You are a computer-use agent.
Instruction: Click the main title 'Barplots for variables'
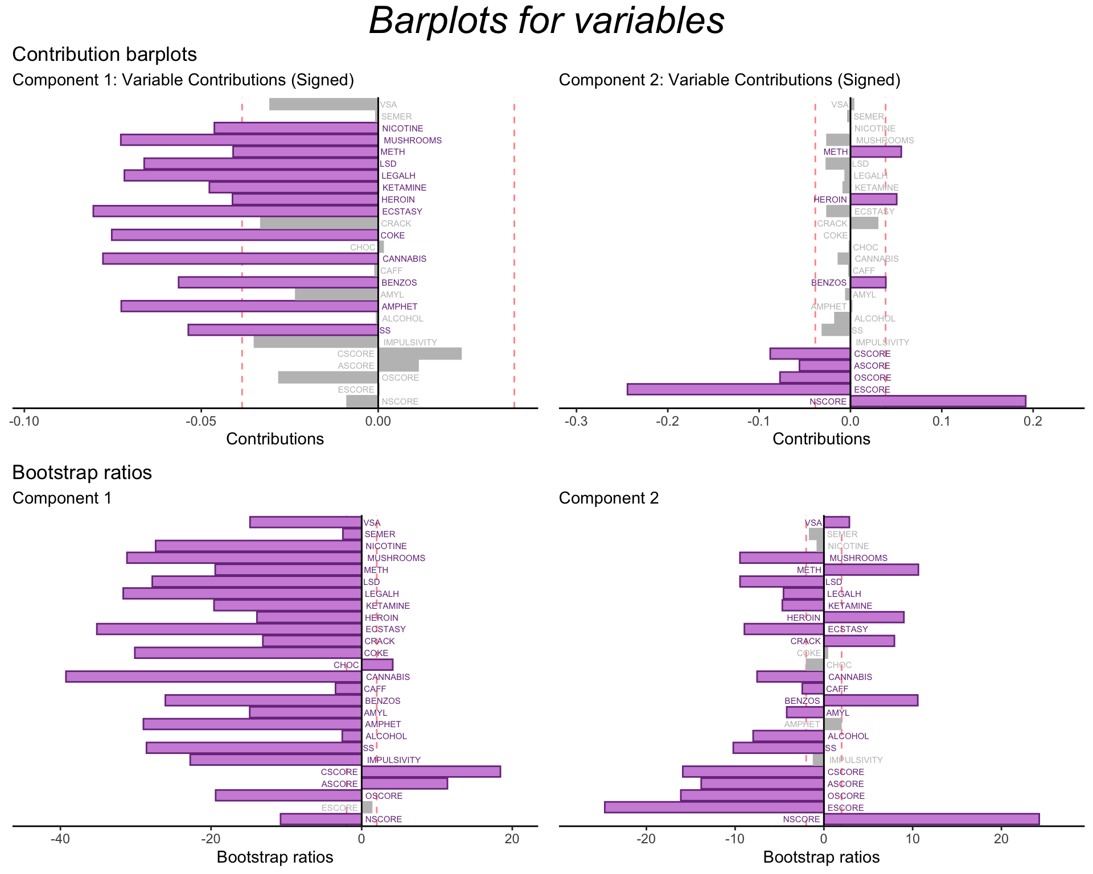[x=546, y=22]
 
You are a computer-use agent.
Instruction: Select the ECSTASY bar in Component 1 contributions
[x=235, y=211]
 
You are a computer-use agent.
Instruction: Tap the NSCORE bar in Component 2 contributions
[x=938, y=401]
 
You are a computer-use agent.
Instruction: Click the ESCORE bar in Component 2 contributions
[x=738, y=389]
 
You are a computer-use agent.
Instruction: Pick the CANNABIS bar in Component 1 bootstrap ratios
[x=213, y=677]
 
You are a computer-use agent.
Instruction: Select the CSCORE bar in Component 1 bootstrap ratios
[x=431, y=772]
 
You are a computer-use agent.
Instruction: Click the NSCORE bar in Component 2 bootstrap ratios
[x=931, y=819]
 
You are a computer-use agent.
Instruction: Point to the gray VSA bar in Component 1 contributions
[x=323, y=105]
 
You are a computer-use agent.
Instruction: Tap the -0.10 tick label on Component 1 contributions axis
[x=24, y=421]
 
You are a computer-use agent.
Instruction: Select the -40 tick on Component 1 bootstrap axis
[x=60, y=839]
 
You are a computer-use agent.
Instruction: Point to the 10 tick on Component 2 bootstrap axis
[x=913, y=839]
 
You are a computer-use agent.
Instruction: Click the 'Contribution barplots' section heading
[x=104, y=55]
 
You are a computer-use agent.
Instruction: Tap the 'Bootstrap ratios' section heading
[x=82, y=473]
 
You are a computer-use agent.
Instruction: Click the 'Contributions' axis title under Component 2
[x=821, y=439]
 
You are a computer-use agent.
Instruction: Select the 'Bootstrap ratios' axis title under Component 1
[x=275, y=857]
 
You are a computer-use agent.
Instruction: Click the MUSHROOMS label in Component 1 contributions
[x=412, y=141]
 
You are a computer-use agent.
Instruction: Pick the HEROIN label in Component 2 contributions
[x=830, y=200]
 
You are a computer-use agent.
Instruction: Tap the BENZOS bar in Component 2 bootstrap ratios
[x=870, y=700]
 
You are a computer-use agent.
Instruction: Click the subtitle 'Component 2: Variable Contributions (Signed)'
[x=729, y=80]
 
